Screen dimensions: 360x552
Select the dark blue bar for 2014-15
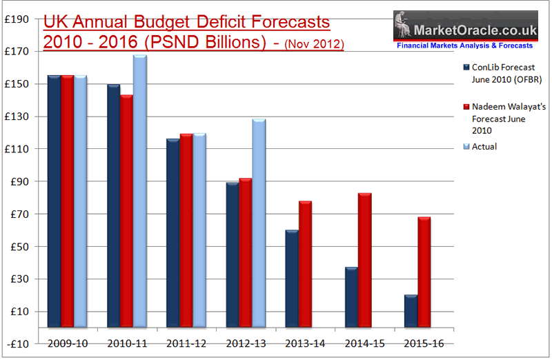click(351, 297)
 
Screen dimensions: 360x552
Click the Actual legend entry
click(484, 146)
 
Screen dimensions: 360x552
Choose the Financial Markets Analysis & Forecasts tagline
click(465, 45)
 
